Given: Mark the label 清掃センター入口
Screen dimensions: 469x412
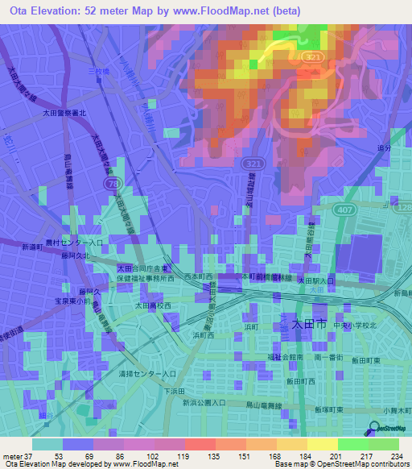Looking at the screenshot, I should click(x=146, y=374).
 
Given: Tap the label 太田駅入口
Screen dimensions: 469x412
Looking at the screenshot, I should click(x=316, y=280).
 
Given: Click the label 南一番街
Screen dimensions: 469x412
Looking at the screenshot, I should click(x=330, y=356).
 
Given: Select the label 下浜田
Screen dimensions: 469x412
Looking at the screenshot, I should click(x=175, y=391).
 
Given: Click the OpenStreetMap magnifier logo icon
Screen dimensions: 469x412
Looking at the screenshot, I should click(x=374, y=430).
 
